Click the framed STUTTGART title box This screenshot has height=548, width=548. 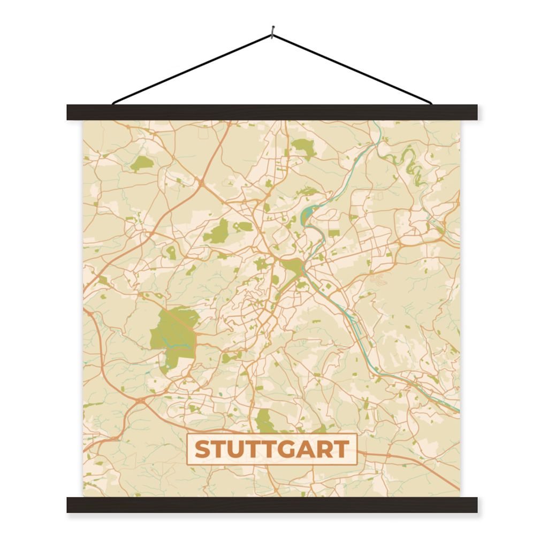272,449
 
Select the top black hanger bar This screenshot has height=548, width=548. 272,112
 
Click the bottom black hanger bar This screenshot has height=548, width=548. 272,505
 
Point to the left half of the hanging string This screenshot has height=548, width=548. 193,68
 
